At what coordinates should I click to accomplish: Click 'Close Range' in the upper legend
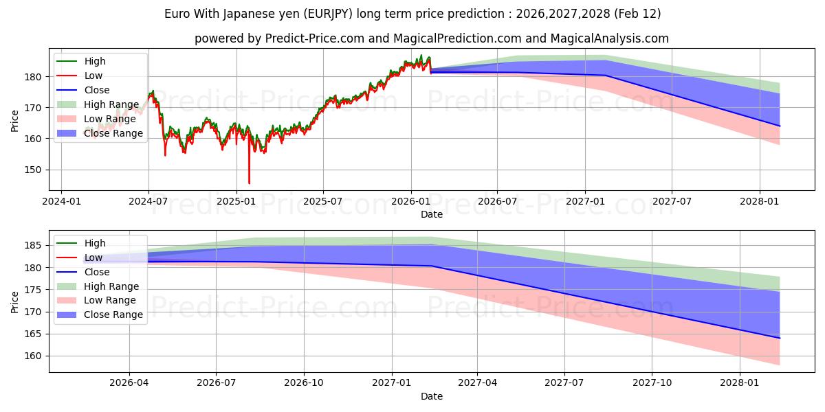pos(113,133)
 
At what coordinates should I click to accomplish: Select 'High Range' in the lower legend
pos(111,286)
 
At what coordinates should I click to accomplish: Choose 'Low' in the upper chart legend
pos(93,76)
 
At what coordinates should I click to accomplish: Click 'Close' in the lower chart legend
pos(97,272)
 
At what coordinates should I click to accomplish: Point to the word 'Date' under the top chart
pos(432,214)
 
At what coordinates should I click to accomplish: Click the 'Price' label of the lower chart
pos(15,301)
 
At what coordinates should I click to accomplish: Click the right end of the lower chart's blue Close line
pos(780,338)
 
